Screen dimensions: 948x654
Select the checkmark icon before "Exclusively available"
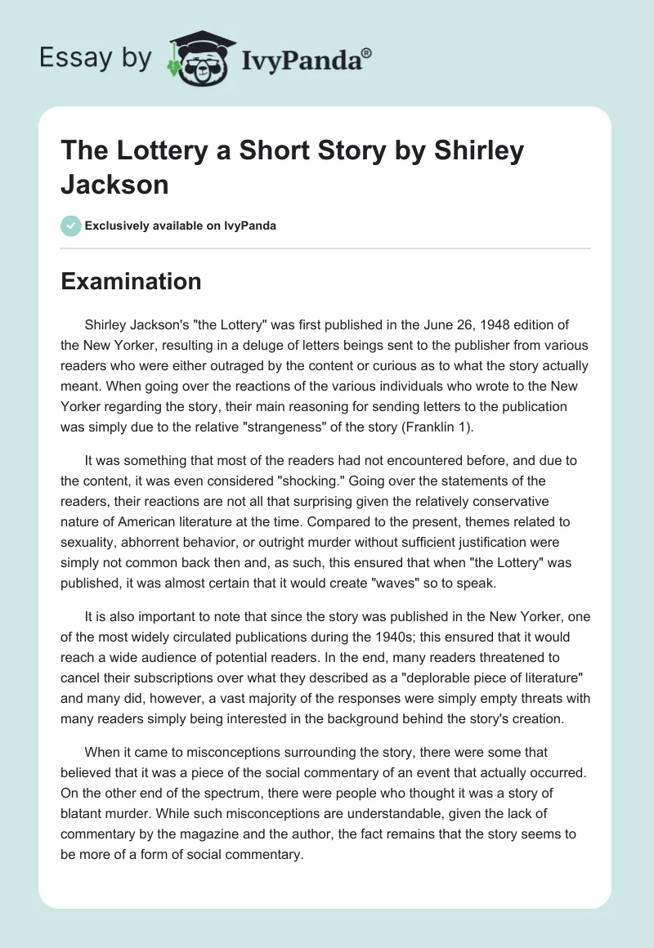pos(70,226)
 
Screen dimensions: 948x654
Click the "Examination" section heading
pos(132,281)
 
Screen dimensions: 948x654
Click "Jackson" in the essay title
pos(115,184)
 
